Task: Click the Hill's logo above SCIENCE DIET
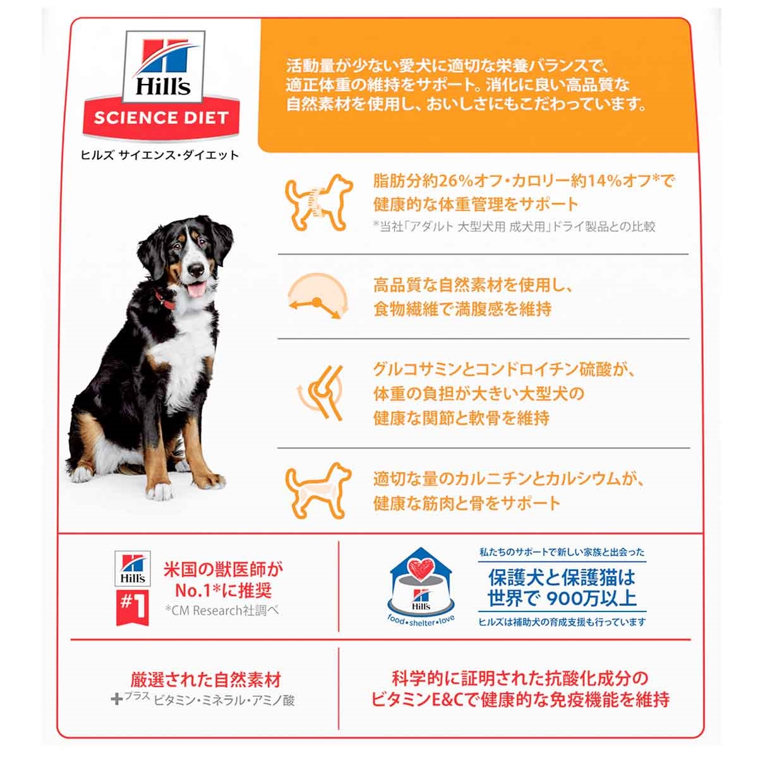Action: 163,67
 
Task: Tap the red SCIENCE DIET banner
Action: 161,117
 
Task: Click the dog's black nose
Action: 195,269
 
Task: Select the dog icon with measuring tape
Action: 318,202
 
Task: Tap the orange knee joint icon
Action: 320,392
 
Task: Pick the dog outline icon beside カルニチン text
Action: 318,491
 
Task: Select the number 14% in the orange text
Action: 603,181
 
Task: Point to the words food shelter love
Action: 421,622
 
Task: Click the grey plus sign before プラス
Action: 116,699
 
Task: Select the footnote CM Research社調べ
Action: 222,610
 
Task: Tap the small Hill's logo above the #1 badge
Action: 133,568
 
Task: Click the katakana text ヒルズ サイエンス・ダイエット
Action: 160,155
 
